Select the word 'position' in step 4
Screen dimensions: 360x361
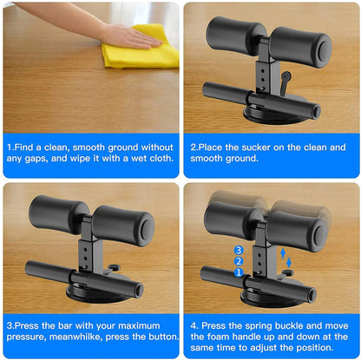[324, 349]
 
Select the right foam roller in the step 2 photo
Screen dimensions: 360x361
[299, 47]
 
